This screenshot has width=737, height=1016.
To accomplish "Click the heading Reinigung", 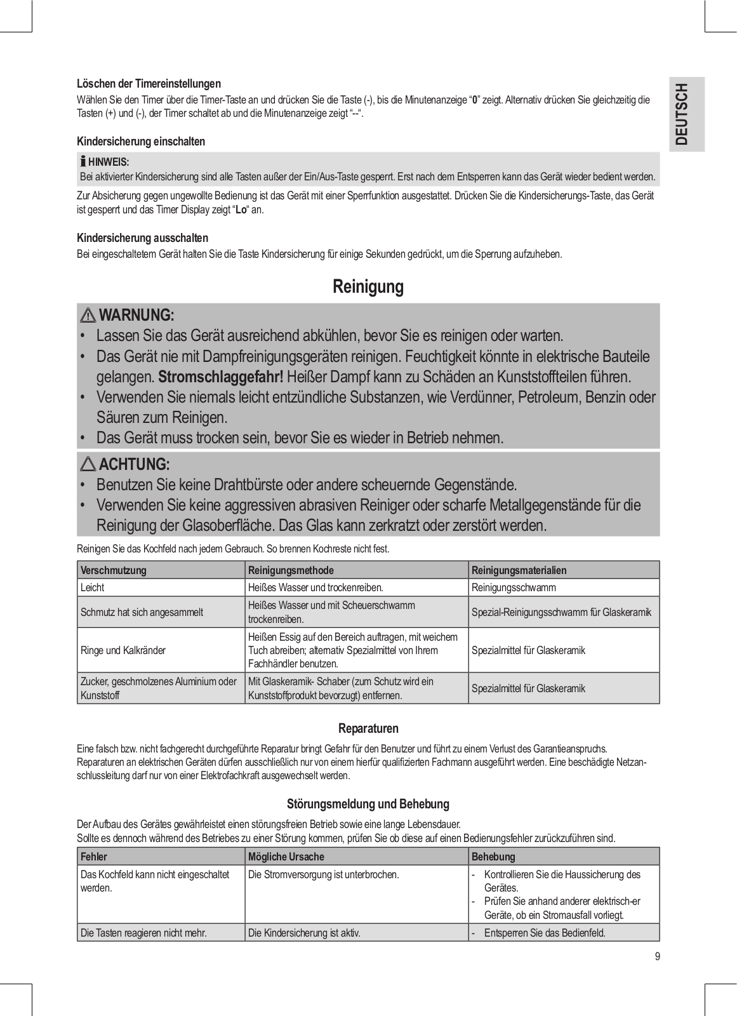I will (368, 287).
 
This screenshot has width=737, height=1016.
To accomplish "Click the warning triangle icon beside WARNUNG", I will (88, 315).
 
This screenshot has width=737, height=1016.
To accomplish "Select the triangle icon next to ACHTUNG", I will (88, 464).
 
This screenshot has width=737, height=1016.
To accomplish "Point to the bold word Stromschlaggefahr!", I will (220, 377).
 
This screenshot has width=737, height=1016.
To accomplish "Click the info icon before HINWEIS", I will (83, 162).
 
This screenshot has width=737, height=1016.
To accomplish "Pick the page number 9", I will (657, 957).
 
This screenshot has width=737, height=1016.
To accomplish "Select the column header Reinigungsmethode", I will (291, 570).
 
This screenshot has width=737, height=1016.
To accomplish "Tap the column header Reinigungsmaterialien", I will (519, 570).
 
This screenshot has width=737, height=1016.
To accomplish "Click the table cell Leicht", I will (93, 587).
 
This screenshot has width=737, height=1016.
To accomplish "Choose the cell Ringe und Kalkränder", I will (123, 650).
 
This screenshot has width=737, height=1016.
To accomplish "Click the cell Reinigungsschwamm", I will (514, 587).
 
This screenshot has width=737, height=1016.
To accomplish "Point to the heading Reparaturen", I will (368, 728).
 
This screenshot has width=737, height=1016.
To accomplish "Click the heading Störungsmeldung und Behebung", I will (368, 804).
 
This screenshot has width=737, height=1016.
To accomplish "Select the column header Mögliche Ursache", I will (286, 857).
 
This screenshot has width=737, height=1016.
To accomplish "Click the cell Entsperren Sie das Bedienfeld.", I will (544, 933).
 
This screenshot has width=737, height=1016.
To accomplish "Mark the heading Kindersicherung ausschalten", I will (142, 238).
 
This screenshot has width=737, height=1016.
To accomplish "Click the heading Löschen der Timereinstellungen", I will (149, 84).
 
